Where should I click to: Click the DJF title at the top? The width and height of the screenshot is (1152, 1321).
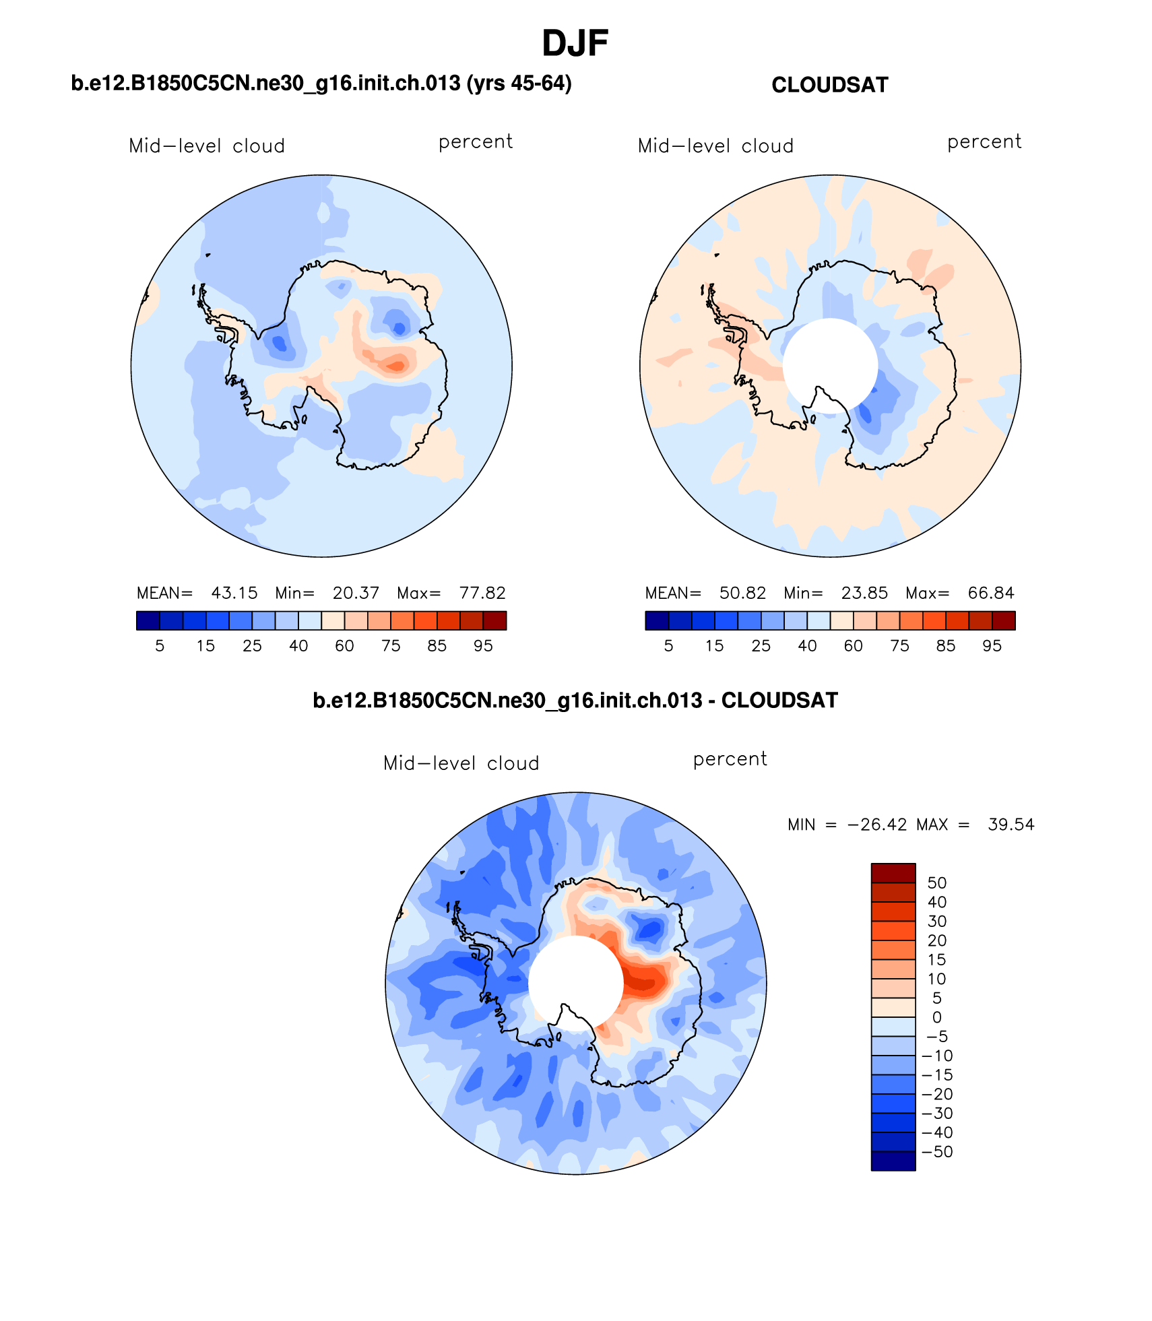[x=575, y=44]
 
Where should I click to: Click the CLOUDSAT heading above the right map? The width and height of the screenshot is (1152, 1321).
[x=829, y=86]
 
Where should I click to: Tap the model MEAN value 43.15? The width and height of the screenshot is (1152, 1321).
[x=234, y=593]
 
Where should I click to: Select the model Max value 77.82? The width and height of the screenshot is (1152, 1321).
[x=482, y=593]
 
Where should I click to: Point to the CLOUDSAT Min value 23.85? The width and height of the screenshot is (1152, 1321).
[x=864, y=593]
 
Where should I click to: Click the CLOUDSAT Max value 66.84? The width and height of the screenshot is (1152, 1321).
[x=990, y=593]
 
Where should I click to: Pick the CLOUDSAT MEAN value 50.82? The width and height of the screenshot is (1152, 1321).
[x=742, y=593]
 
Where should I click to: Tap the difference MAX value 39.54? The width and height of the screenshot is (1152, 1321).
[x=1011, y=825]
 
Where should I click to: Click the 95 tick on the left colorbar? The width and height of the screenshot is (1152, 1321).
[x=483, y=646]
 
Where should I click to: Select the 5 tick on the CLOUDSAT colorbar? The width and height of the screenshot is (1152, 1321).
[x=668, y=646]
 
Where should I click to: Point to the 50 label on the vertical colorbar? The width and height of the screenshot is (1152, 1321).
[x=937, y=883]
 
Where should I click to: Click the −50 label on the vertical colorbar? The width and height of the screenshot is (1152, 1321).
[x=937, y=1152]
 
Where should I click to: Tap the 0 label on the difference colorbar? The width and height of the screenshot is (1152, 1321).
[x=937, y=1017]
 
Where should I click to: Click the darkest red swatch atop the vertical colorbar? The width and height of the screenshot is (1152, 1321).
[x=893, y=873]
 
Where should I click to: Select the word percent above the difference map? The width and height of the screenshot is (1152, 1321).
[x=730, y=759]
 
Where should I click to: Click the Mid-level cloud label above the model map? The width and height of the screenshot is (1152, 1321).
[x=207, y=146]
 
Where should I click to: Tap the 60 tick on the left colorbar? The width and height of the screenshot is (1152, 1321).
[x=344, y=646]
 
